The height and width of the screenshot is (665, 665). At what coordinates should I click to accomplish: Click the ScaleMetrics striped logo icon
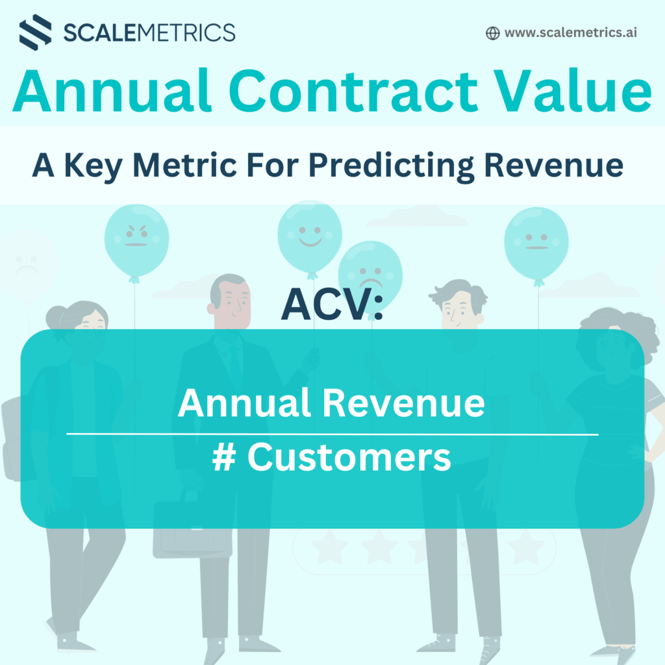click(x=36, y=32)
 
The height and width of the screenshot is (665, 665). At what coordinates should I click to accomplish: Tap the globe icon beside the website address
click(x=492, y=33)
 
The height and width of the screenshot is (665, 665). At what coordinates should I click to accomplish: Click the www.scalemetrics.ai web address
click(x=570, y=32)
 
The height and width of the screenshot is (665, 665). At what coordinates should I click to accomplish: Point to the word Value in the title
click(x=573, y=90)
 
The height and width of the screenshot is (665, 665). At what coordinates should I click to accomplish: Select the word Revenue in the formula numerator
click(x=403, y=403)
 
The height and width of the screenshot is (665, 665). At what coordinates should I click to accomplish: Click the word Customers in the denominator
click(x=349, y=457)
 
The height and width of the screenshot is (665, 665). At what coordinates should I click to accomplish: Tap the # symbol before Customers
click(x=224, y=457)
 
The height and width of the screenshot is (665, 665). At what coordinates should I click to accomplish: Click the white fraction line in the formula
click(x=332, y=434)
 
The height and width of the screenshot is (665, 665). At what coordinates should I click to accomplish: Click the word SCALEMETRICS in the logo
click(x=149, y=32)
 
